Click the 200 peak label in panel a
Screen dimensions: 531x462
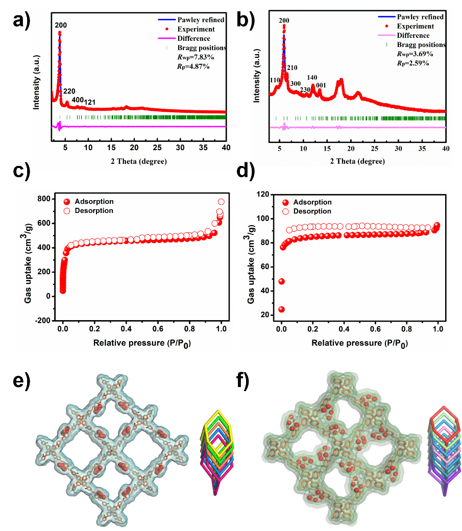(61, 25)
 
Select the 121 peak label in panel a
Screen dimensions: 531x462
(90, 103)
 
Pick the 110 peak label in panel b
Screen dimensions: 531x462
(275, 81)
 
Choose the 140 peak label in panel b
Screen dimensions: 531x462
(312, 78)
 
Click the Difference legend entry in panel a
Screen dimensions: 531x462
(193, 38)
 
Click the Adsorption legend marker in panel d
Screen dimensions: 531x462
(285, 202)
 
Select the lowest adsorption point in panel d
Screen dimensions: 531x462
(281, 309)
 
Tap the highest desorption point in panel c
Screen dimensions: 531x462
(221, 202)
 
